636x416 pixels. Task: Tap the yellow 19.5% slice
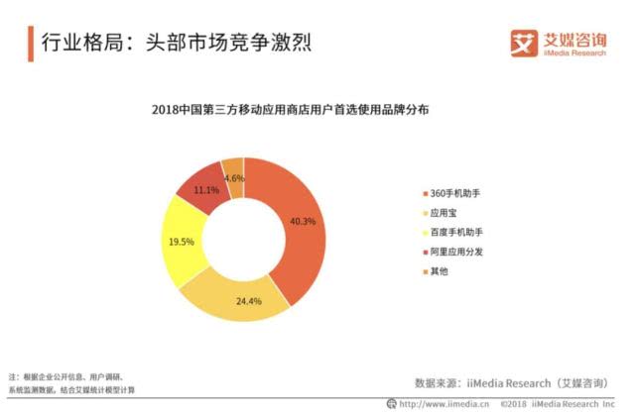181,241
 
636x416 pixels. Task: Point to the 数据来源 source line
511,381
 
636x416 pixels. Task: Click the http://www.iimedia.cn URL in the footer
437,405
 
